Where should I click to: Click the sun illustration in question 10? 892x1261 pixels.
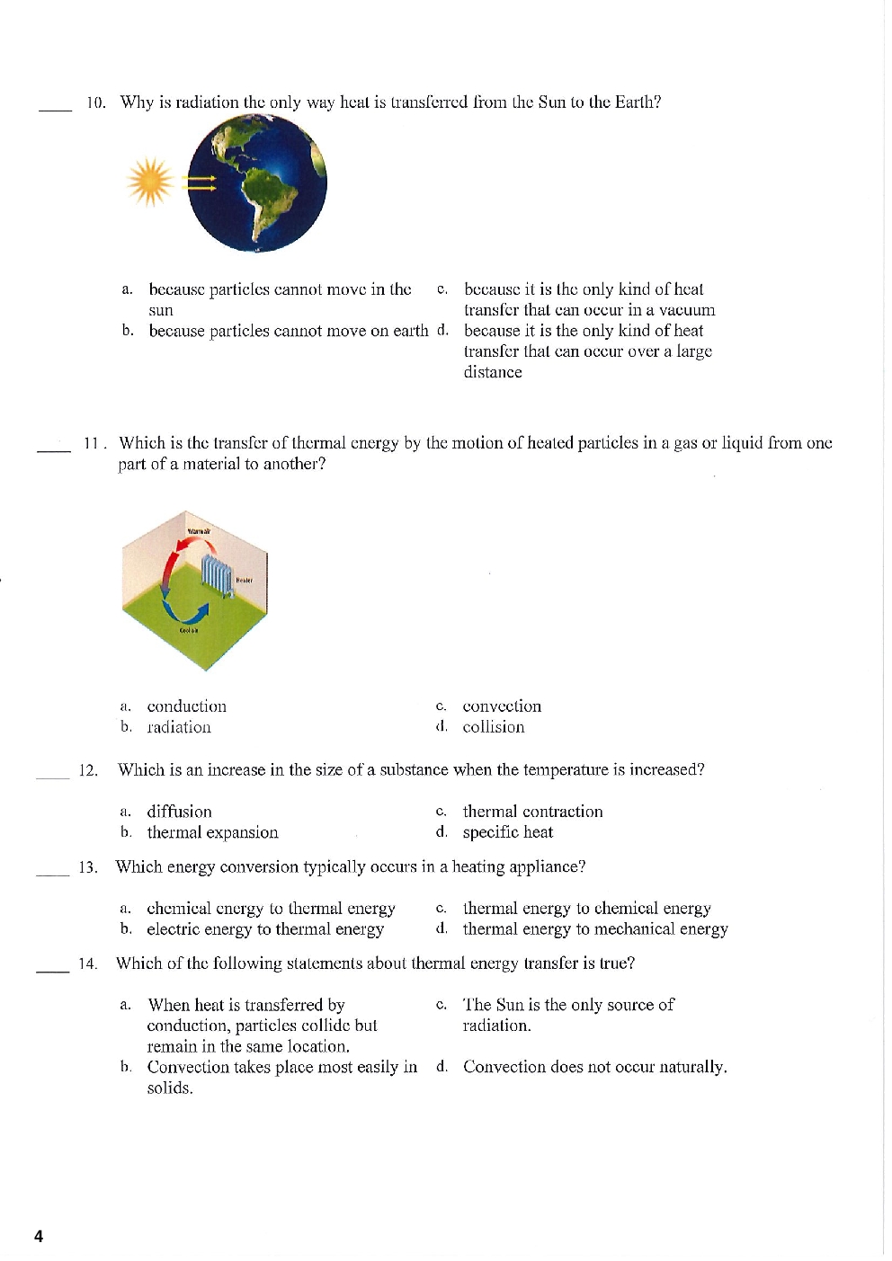(150, 182)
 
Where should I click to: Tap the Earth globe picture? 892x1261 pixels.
(257, 183)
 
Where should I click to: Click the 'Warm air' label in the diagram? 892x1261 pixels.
(199, 532)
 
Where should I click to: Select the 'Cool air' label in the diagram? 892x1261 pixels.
(189, 630)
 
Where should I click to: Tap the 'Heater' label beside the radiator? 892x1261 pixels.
(244, 581)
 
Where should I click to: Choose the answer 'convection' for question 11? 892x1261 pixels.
(502, 706)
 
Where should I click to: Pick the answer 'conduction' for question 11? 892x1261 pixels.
(187, 706)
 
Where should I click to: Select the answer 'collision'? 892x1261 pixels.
(494, 727)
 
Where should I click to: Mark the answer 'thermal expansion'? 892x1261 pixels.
(212, 832)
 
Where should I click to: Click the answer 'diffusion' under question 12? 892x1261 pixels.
(180, 812)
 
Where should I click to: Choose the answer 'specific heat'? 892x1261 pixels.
(508, 832)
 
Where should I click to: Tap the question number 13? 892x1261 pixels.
(87, 867)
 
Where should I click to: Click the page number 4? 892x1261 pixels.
(39, 1237)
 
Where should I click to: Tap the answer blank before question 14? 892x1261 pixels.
(52, 970)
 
